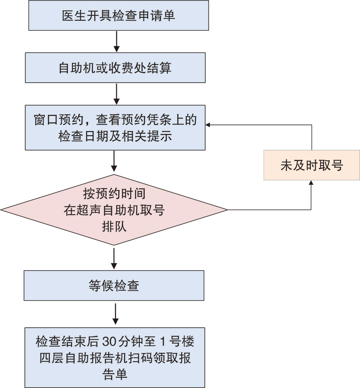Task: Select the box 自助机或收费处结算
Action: [115, 67]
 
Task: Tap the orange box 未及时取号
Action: [312, 165]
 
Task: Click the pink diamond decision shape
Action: [114, 210]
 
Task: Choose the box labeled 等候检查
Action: [114, 285]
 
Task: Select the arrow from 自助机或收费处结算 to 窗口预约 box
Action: [117, 93]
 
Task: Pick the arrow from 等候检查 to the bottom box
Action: [115, 314]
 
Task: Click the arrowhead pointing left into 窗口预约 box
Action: [209, 125]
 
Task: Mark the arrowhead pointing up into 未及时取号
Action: [311, 182]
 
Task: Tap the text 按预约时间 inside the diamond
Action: [114, 193]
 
